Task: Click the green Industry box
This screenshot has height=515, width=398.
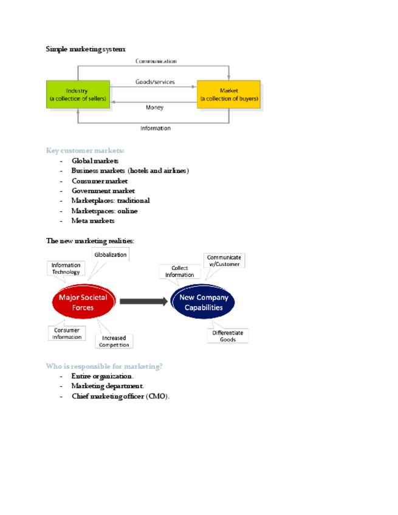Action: click(x=78, y=95)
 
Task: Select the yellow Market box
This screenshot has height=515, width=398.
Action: click(x=228, y=95)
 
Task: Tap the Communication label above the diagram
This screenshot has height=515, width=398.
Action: click(x=156, y=61)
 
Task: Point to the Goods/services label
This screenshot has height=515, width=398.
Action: click(x=155, y=81)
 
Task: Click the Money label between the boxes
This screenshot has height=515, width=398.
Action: click(x=154, y=107)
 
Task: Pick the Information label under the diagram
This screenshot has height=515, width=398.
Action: click(x=156, y=128)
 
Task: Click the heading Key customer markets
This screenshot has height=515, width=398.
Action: click(x=85, y=151)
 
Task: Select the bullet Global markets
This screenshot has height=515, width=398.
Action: click(x=95, y=161)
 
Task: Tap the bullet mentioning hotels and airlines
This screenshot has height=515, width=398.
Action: click(x=130, y=171)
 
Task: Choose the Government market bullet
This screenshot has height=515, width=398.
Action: click(x=103, y=191)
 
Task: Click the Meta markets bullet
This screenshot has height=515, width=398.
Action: click(x=92, y=220)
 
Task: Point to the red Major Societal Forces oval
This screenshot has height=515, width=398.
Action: click(x=83, y=302)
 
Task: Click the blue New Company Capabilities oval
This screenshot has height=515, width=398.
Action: click(x=203, y=302)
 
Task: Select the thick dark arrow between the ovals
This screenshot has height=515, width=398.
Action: click(x=143, y=301)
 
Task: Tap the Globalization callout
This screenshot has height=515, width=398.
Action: click(x=110, y=255)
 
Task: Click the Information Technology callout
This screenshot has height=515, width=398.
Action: click(x=66, y=268)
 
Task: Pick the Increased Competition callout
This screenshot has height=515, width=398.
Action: click(x=114, y=341)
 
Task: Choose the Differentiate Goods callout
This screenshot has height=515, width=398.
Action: click(x=228, y=336)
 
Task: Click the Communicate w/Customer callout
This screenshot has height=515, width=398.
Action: click(x=224, y=261)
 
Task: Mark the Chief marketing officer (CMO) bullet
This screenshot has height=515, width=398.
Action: click(x=120, y=396)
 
